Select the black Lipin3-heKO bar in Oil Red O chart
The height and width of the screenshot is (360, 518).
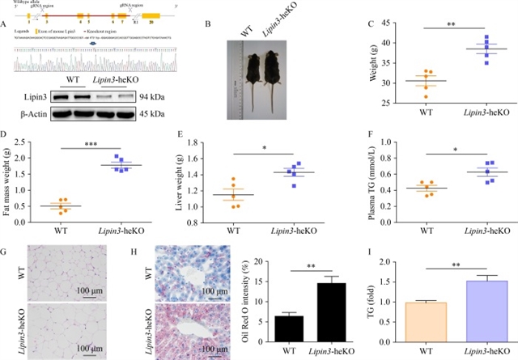pyautogui.click(x=328, y=310)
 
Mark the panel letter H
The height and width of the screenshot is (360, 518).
pyautogui.click(x=146, y=253)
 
